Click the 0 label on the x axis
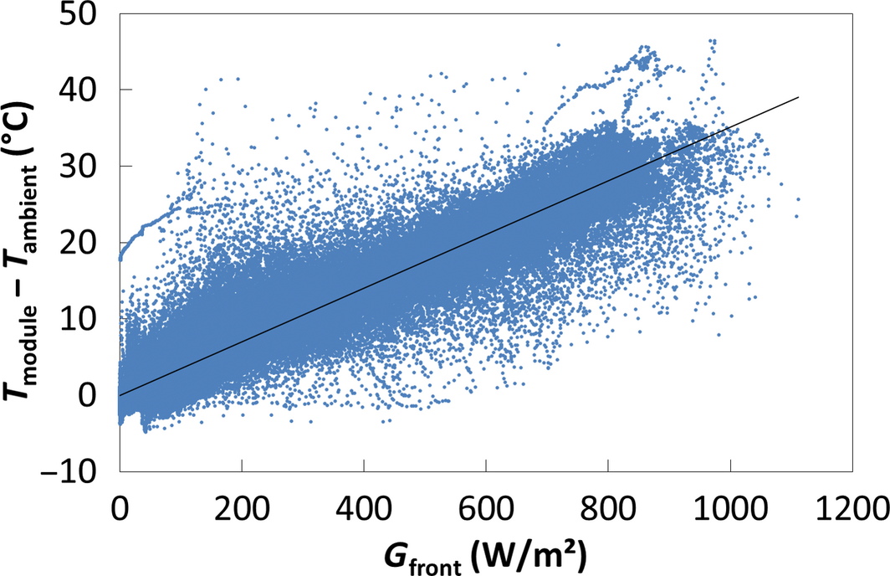[120, 508]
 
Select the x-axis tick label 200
[242, 508]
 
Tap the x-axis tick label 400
[363, 508]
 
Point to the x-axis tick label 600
[485, 508]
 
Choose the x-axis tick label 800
[607, 508]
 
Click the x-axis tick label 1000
[729, 508]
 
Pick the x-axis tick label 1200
[851, 508]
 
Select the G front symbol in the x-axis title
[417, 554]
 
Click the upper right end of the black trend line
[799, 97]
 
